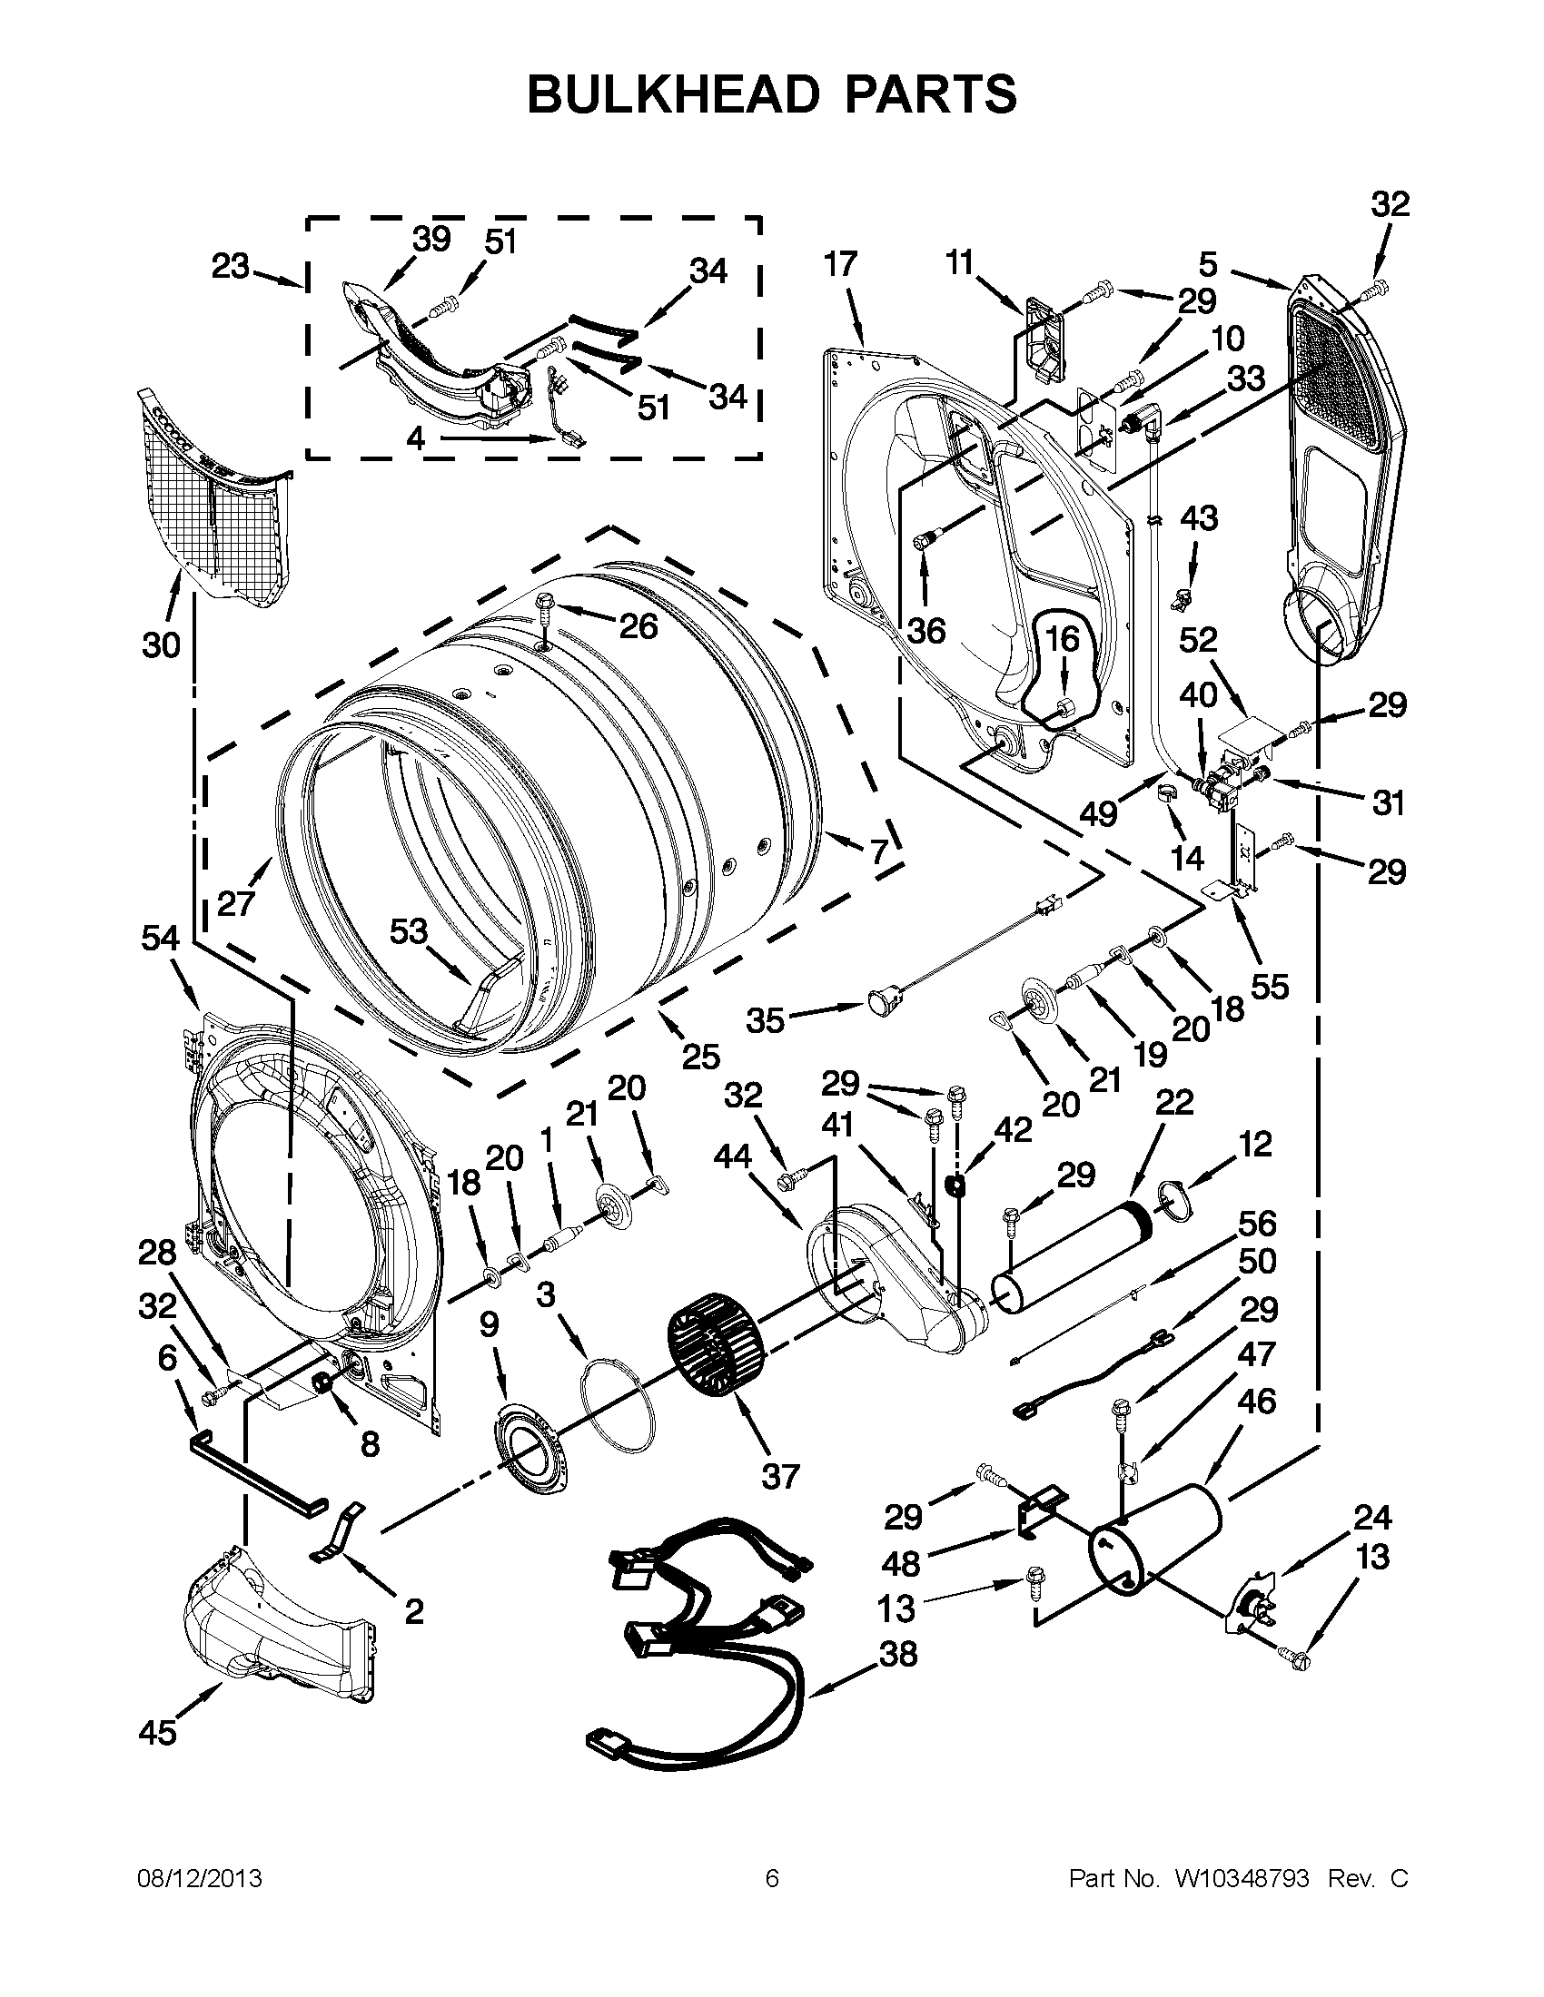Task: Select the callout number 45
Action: tap(157, 1732)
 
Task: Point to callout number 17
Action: tap(841, 264)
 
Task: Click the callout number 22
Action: tap(1173, 1102)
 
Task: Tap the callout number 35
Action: tap(765, 1019)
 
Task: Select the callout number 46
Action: tap(1255, 1400)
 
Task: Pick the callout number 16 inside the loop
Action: tap(1062, 638)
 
